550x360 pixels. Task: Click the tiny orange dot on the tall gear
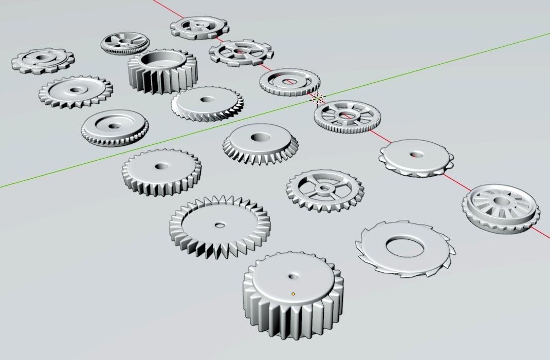click(294, 294)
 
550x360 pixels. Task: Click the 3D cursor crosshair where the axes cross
click(317, 98)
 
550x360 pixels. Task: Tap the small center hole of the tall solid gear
click(294, 276)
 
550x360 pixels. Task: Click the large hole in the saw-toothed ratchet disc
click(405, 248)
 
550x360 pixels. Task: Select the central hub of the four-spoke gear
click(324, 188)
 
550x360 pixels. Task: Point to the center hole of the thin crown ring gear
click(220, 225)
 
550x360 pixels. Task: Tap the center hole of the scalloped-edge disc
click(416, 154)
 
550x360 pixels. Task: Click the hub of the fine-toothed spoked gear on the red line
click(347, 116)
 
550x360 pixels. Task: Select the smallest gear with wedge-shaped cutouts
click(124, 44)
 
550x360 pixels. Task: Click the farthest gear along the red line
click(199, 26)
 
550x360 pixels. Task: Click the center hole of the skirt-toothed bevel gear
click(260, 137)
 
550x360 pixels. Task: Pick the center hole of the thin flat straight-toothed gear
click(162, 166)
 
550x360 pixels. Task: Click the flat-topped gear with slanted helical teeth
click(207, 102)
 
